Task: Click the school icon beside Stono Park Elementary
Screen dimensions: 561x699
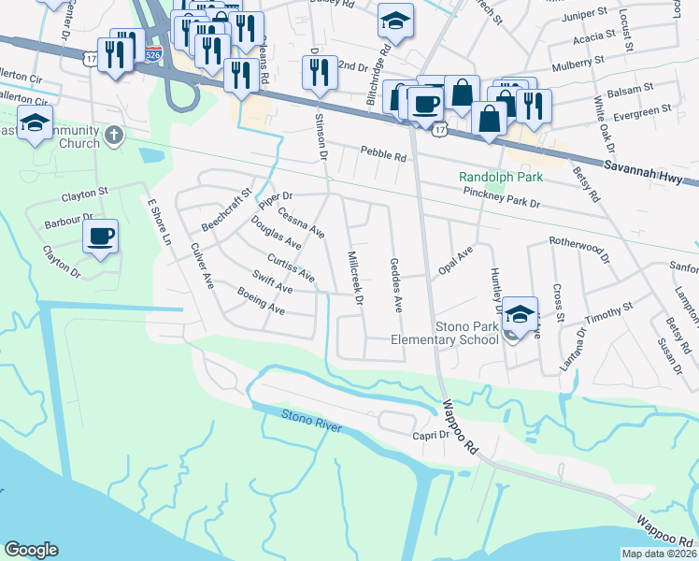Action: pos(521,312)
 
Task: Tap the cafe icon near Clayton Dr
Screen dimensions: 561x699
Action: pos(100,237)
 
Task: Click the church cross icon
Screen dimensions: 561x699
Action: pos(114,135)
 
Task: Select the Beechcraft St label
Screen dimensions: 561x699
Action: pos(227,213)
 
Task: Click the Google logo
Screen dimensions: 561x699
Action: pos(31,550)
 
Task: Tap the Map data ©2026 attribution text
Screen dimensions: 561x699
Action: pos(659,554)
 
